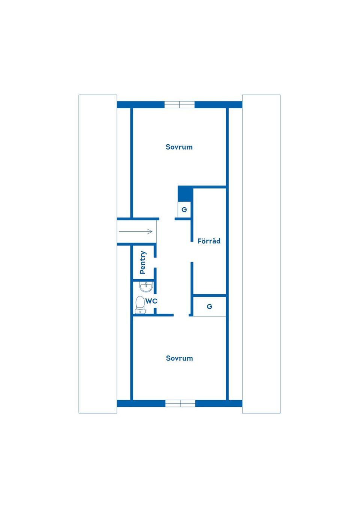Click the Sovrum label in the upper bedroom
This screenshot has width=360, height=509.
click(179, 147)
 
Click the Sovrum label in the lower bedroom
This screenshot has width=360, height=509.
click(179, 358)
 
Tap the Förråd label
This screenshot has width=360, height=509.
click(209, 241)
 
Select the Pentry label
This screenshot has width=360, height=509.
click(143, 262)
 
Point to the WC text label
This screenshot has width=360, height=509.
click(151, 301)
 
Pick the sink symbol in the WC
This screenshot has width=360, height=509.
click(146, 287)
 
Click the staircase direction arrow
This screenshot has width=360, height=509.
click(136, 232)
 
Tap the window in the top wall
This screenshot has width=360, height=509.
click(180, 105)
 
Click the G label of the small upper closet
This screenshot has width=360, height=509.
click(184, 210)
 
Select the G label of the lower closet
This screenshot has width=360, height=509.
click(210, 307)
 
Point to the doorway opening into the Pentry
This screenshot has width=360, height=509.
click(155, 263)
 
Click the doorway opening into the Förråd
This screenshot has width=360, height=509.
click(192, 252)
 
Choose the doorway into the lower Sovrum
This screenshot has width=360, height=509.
click(181, 315)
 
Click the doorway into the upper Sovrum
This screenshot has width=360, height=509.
click(167, 219)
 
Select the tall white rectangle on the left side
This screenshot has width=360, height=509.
click(98, 254)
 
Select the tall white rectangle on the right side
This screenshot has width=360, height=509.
click(261, 254)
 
